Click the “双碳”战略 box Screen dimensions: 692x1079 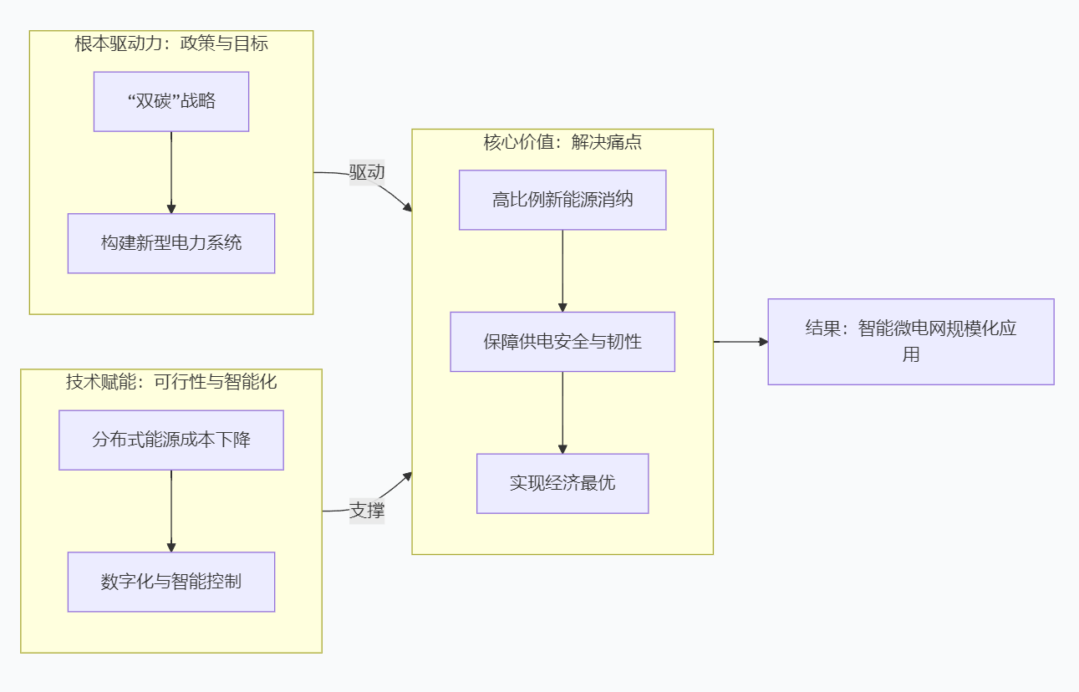coord(171,101)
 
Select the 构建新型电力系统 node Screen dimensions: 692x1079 coord(171,243)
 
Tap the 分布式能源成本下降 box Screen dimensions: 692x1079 coord(171,440)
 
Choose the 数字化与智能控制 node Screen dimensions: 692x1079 coord(171,582)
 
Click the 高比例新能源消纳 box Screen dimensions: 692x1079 coord(562,200)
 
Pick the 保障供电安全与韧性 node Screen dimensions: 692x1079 coord(562,342)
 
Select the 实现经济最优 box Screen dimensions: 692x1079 coord(562,483)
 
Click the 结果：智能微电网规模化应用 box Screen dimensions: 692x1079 coord(911,342)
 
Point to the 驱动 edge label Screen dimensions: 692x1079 coord(367,173)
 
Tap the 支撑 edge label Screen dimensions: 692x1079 coord(367,511)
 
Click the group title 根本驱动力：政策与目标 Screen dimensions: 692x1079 coord(171,44)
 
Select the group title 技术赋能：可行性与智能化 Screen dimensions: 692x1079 coord(171,383)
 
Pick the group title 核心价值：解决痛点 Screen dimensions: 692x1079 coord(562,142)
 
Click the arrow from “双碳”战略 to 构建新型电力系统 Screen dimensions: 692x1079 coord(171,171)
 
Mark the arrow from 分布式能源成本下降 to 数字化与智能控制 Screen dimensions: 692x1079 coord(171,510)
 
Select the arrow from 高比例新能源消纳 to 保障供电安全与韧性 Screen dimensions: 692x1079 coord(562,270)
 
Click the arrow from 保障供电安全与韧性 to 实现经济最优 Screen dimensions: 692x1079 coord(562,412)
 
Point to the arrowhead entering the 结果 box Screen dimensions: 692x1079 coord(762,342)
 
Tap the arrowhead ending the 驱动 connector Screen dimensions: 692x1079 coord(407,206)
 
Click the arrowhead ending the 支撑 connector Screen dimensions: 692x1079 coord(407,476)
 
